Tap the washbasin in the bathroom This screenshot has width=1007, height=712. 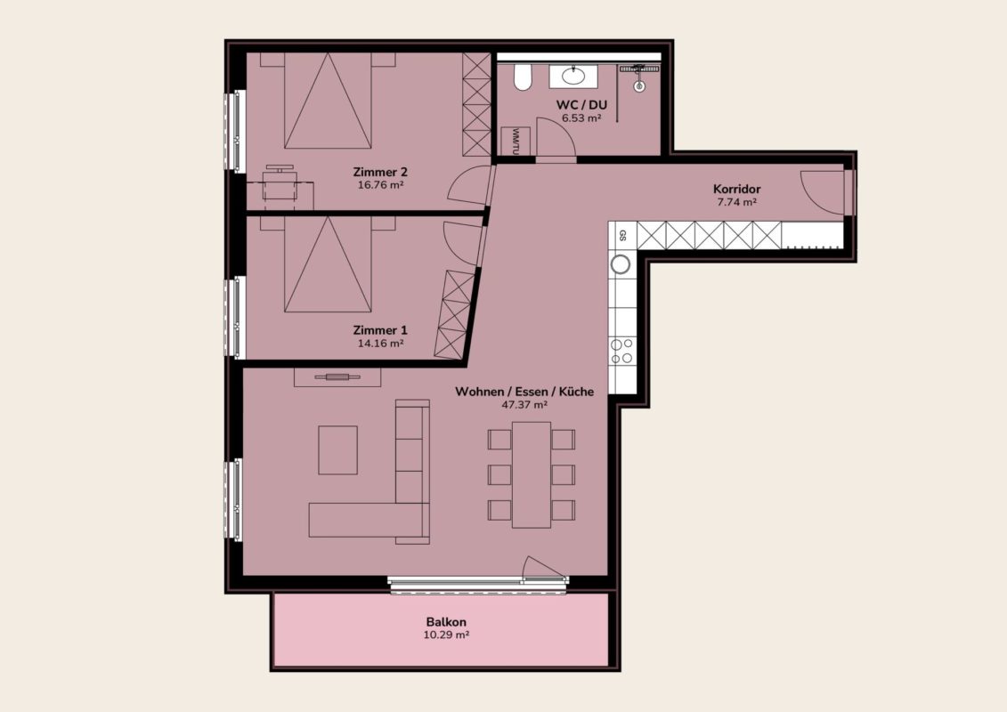pyautogui.click(x=573, y=76)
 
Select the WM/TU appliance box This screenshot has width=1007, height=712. pyautogui.click(x=515, y=141)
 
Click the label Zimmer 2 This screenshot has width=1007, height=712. pyautogui.click(x=380, y=172)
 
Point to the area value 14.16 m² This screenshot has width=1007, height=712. pyautogui.click(x=380, y=344)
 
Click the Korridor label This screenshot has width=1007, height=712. pyautogui.click(x=736, y=189)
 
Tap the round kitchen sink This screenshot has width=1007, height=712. pyautogui.click(x=621, y=263)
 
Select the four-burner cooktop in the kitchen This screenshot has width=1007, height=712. pyautogui.click(x=621, y=352)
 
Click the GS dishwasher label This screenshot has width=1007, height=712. pyautogui.click(x=621, y=235)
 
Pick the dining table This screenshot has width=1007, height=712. pyautogui.click(x=532, y=475)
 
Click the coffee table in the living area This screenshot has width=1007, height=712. pyautogui.click(x=337, y=450)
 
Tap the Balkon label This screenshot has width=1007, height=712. pyautogui.click(x=446, y=621)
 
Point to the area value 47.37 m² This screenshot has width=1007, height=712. pyautogui.click(x=524, y=405)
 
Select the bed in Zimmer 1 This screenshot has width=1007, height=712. pyautogui.click(x=328, y=264)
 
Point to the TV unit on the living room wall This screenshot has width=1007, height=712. pyautogui.click(x=337, y=376)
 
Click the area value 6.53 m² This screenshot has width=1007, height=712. pyautogui.click(x=581, y=118)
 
